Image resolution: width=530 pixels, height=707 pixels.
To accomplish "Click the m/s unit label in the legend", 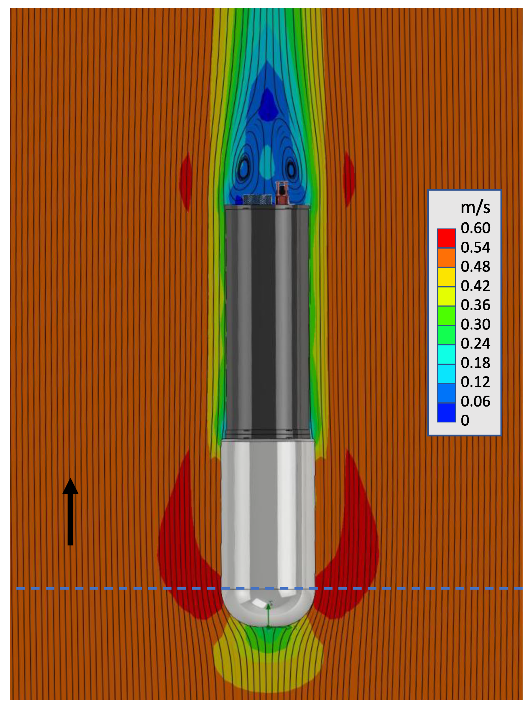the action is click(x=475, y=208).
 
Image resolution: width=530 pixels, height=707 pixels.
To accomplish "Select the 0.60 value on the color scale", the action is click(x=475, y=228).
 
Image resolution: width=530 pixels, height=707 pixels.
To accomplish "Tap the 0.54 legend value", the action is click(x=475, y=247).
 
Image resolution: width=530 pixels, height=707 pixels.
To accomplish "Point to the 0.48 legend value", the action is click(x=475, y=266).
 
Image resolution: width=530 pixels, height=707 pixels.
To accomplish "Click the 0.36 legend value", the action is click(x=475, y=305).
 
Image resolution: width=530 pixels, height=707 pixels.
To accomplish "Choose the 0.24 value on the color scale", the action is click(x=475, y=343).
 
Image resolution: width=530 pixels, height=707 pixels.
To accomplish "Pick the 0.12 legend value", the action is click(x=475, y=382).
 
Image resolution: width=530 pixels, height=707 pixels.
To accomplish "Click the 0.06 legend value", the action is click(x=475, y=401).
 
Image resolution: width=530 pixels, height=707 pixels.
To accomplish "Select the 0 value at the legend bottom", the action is click(x=465, y=420).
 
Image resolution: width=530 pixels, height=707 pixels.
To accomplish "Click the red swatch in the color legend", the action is click(x=446, y=238).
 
